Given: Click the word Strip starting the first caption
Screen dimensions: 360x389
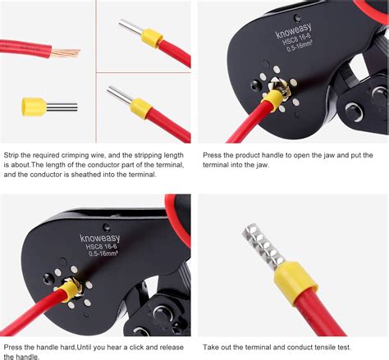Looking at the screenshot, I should pos(12,154).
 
